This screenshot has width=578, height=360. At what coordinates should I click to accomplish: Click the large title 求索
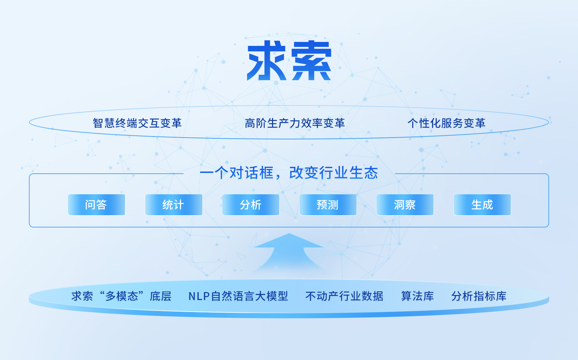289,61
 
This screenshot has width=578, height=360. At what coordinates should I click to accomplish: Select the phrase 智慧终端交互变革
137,123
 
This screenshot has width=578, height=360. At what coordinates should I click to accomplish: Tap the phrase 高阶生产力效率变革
295,123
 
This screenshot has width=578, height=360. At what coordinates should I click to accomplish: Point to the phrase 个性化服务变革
447,123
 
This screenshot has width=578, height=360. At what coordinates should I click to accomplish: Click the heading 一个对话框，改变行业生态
289,173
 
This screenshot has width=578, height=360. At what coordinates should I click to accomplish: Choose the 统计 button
174,205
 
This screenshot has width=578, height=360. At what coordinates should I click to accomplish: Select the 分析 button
251,205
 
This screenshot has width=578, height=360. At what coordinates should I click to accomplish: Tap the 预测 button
328,205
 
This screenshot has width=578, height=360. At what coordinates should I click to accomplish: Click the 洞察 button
405,205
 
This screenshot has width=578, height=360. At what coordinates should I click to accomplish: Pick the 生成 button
482,205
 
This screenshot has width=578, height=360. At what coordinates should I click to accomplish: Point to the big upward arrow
289,253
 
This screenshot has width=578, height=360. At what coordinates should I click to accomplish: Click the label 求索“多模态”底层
121,296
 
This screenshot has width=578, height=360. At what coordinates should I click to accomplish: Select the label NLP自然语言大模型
238,296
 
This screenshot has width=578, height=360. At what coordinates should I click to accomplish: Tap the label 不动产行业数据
344,296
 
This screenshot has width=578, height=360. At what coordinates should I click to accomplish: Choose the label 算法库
417,296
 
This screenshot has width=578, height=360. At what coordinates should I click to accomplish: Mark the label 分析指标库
479,296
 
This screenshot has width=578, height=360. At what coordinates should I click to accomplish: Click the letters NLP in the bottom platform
199,296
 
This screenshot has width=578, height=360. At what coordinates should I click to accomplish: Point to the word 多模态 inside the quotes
122,296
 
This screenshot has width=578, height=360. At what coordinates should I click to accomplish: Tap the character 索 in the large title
311,61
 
